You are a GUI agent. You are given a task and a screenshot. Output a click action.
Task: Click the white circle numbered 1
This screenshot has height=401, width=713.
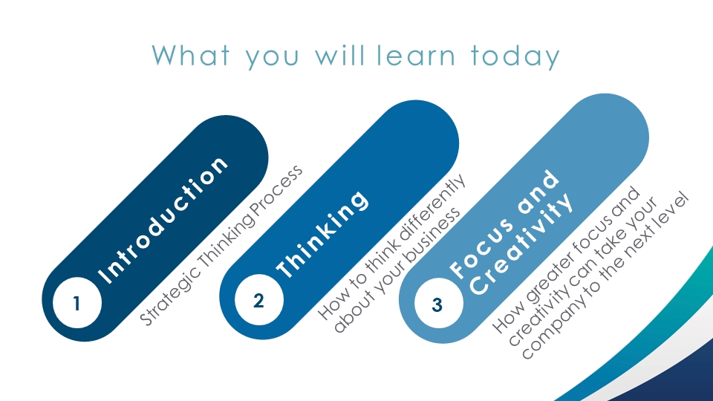point(76,303)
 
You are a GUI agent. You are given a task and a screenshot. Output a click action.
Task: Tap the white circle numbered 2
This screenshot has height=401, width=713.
point(258,300)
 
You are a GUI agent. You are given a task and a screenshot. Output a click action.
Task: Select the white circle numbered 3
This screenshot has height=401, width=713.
point(439,303)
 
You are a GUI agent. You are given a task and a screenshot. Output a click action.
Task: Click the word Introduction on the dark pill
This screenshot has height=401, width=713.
point(163,221)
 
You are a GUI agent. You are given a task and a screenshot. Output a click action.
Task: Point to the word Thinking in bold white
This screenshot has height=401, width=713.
point(322,234)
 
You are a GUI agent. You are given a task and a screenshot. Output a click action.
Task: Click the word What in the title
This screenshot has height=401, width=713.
point(191,56)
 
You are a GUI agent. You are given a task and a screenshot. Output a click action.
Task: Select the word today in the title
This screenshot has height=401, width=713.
point(515,56)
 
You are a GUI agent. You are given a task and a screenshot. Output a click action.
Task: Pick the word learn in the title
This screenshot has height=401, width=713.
point(416,56)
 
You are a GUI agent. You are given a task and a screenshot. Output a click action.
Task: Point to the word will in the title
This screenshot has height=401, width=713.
point(340,56)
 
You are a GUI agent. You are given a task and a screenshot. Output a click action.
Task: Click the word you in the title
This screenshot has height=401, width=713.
point(273,59)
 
